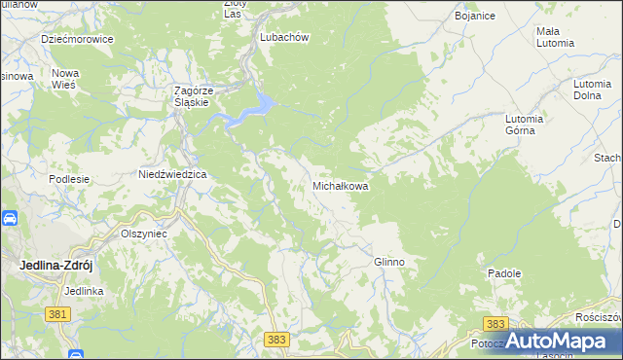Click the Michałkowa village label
click(x=340, y=185)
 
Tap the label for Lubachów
click(x=284, y=37)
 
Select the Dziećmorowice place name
click(x=77, y=39)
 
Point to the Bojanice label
click(x=477, y=18)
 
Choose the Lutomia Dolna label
click(x=593, y=90)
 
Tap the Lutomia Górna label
click(x=527, y=125)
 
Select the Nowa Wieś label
click(x=65, y=79)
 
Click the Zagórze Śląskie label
click(x=193, y=96)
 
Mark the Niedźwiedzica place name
click(x=168, y=174)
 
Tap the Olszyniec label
click(x=143, y=234)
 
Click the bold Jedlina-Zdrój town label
click(x=61, y=265)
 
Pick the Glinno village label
click(x=388, y=263)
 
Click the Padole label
click(x=505, y=275)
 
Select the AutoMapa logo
click(x=559, y=342)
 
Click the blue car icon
click(x=8, y=219)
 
